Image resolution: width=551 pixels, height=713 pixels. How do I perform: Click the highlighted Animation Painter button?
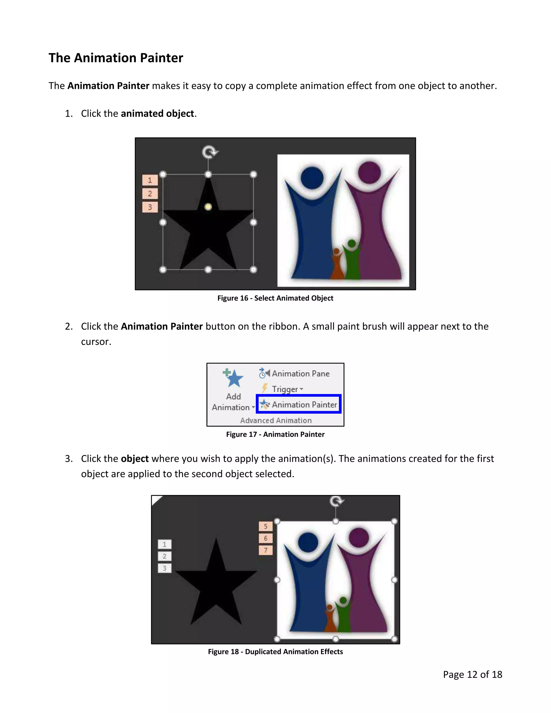[299, 404]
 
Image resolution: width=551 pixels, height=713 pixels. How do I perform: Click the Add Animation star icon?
[234, 379]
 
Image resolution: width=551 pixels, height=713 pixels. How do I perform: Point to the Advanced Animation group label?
[276, 421]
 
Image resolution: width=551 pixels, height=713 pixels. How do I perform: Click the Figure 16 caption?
[275, 298]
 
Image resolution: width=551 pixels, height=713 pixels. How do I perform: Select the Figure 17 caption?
[275, 434]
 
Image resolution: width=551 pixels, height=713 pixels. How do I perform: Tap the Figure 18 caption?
[275, 652]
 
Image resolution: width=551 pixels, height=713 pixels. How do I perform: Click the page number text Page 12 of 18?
[472, 674]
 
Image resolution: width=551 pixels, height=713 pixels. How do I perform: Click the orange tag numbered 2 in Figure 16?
[150, 194]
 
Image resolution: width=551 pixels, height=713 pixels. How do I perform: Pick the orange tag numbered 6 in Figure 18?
[265, 538]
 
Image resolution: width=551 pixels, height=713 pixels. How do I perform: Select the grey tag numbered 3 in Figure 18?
[164, 568]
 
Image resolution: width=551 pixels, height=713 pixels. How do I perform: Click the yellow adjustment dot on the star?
[208, 207]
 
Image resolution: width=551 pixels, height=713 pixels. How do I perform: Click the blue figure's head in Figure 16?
[312, 178]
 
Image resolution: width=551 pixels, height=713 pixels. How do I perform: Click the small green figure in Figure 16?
[352, 258]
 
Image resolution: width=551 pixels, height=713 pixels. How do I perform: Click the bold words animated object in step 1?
[157, 114]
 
